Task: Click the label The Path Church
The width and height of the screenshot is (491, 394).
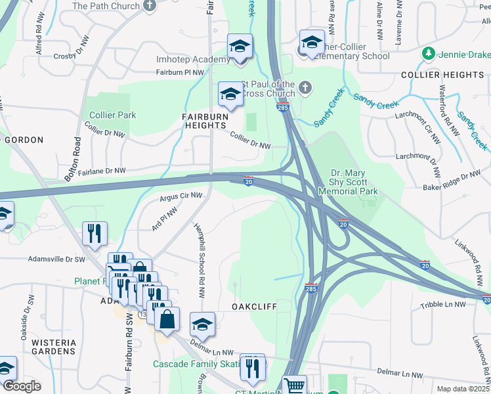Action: click(106, 6)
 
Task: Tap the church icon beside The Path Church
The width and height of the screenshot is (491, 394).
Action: click(150, 6)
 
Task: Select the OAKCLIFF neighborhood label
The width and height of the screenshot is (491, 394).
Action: click(253, 307)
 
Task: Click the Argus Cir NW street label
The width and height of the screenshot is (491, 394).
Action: click(181, 196)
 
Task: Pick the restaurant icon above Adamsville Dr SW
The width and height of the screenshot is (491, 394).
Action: click(95, 233)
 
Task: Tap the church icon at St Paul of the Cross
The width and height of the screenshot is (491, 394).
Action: click(305, 87)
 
